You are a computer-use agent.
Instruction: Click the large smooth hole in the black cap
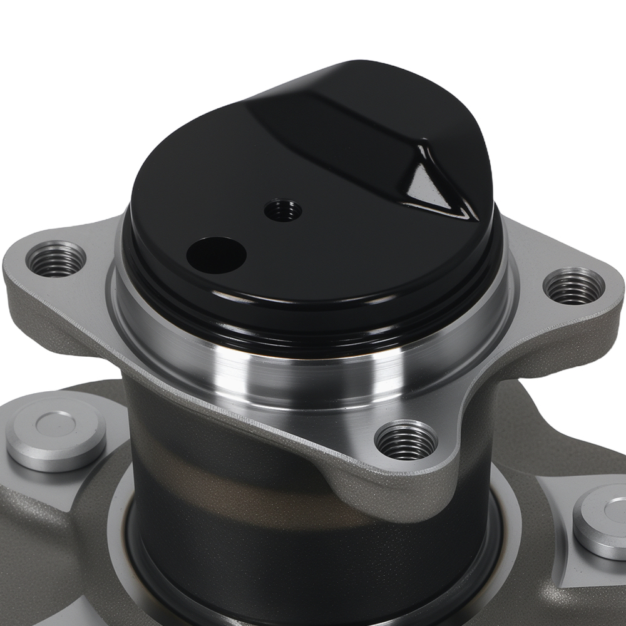click(216, 255)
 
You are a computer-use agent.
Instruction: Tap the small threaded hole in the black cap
click(283, 210)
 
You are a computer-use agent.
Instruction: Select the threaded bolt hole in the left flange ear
click(56, 259)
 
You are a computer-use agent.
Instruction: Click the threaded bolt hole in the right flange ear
click(573, 286)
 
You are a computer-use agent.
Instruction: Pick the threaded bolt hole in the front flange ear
click(406, 440)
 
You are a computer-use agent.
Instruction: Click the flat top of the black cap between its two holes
click(250, 232)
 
